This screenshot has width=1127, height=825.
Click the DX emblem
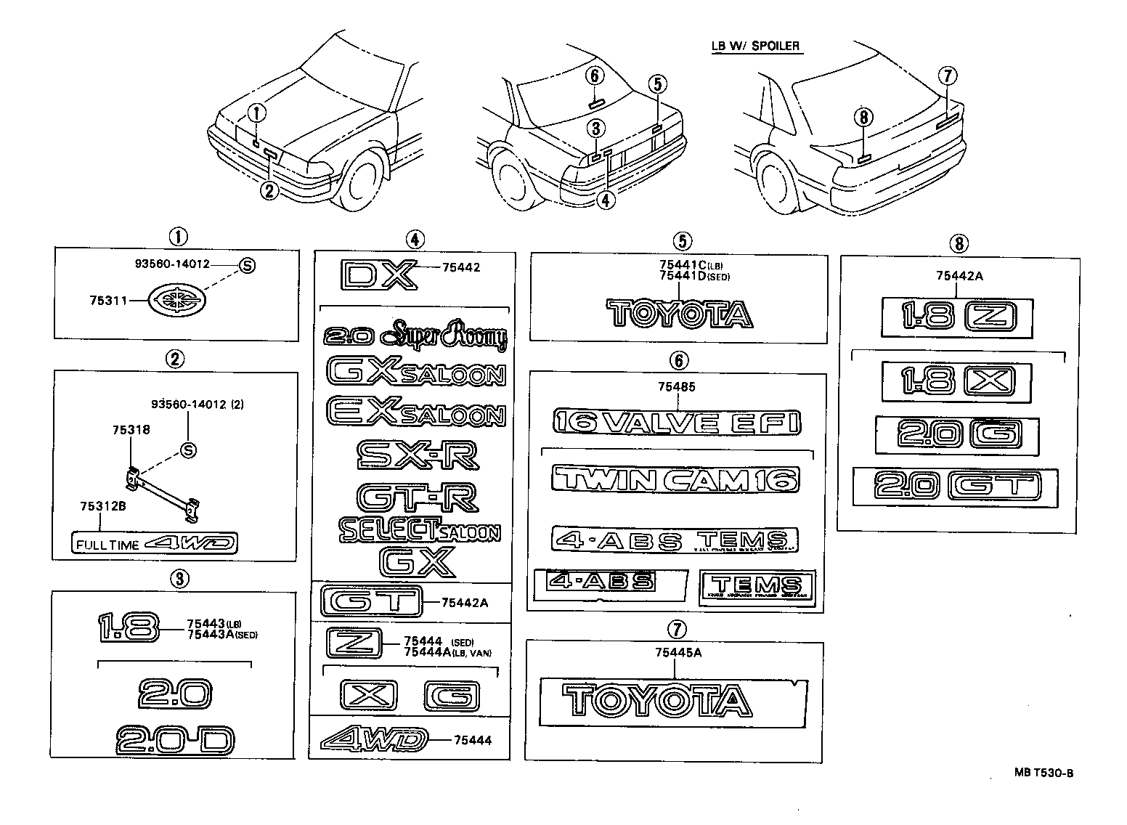tap(379, 275)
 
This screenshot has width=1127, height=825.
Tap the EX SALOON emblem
tap(416, 412)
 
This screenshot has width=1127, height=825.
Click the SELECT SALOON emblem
tap(420, 531)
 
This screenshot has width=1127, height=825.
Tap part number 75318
tap(131, 430)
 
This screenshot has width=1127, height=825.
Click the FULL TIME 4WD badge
tap(154, 543)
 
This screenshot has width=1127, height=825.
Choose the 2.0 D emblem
tap(175, 739)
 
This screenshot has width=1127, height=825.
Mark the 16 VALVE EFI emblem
tap(676, 422)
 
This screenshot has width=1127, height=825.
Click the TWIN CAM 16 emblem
tap(675, 479)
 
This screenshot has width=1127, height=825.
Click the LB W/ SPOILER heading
tap(755, 46)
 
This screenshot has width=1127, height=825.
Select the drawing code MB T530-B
tap(1043, 772)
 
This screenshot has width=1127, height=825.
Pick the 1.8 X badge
tap(956, 381)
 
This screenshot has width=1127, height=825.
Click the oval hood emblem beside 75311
tap(176, 299)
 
